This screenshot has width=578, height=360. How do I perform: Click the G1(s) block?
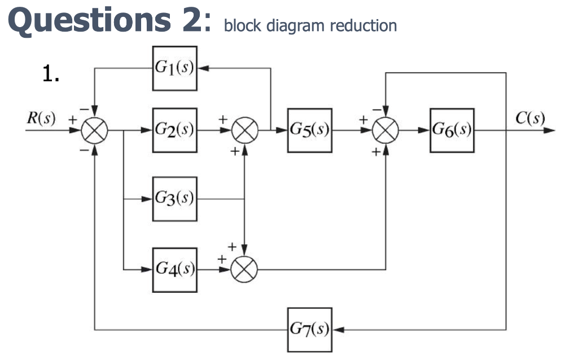point(174,68)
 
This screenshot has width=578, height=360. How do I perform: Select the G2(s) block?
point(174,130)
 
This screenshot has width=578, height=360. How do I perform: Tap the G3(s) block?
point(174,199)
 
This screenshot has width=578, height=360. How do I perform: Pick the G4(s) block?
point(174,270)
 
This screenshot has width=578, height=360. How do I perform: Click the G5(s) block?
point(309,130)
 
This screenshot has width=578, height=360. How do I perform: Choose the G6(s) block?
point(452,130)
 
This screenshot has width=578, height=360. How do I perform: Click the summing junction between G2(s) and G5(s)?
point(244,130)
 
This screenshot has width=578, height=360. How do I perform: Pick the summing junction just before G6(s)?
point(386,130)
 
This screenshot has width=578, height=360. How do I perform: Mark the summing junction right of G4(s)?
point(244,270)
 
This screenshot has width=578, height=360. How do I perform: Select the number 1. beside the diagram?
point(51,74)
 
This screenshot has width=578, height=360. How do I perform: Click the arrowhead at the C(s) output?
point(550,130)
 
